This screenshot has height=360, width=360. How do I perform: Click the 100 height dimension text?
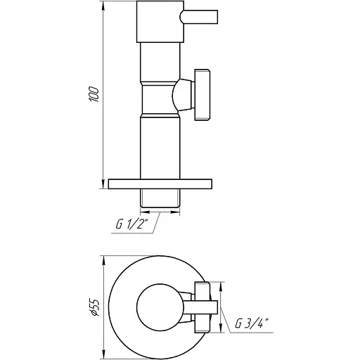tap(97, 94)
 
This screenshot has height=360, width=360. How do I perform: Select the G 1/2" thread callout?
tap(133, 225)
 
